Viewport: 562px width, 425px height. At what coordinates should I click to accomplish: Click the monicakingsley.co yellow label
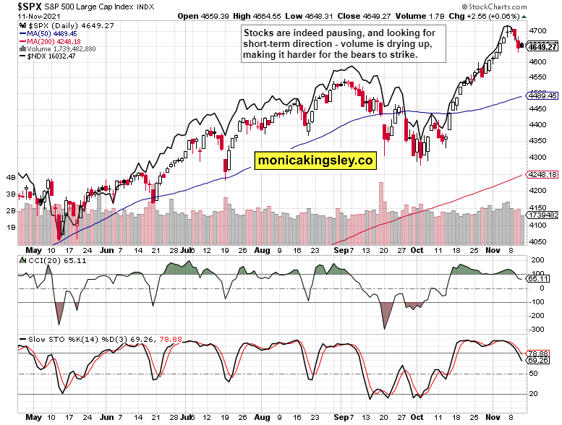315,160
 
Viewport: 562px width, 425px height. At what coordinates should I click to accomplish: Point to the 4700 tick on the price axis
537,31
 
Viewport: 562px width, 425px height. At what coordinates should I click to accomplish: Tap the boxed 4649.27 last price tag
542,47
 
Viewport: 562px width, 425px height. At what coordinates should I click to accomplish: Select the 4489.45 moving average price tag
542,95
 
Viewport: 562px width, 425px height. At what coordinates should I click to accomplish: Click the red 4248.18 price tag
542,174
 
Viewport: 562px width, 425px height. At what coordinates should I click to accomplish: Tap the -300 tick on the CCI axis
537,329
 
